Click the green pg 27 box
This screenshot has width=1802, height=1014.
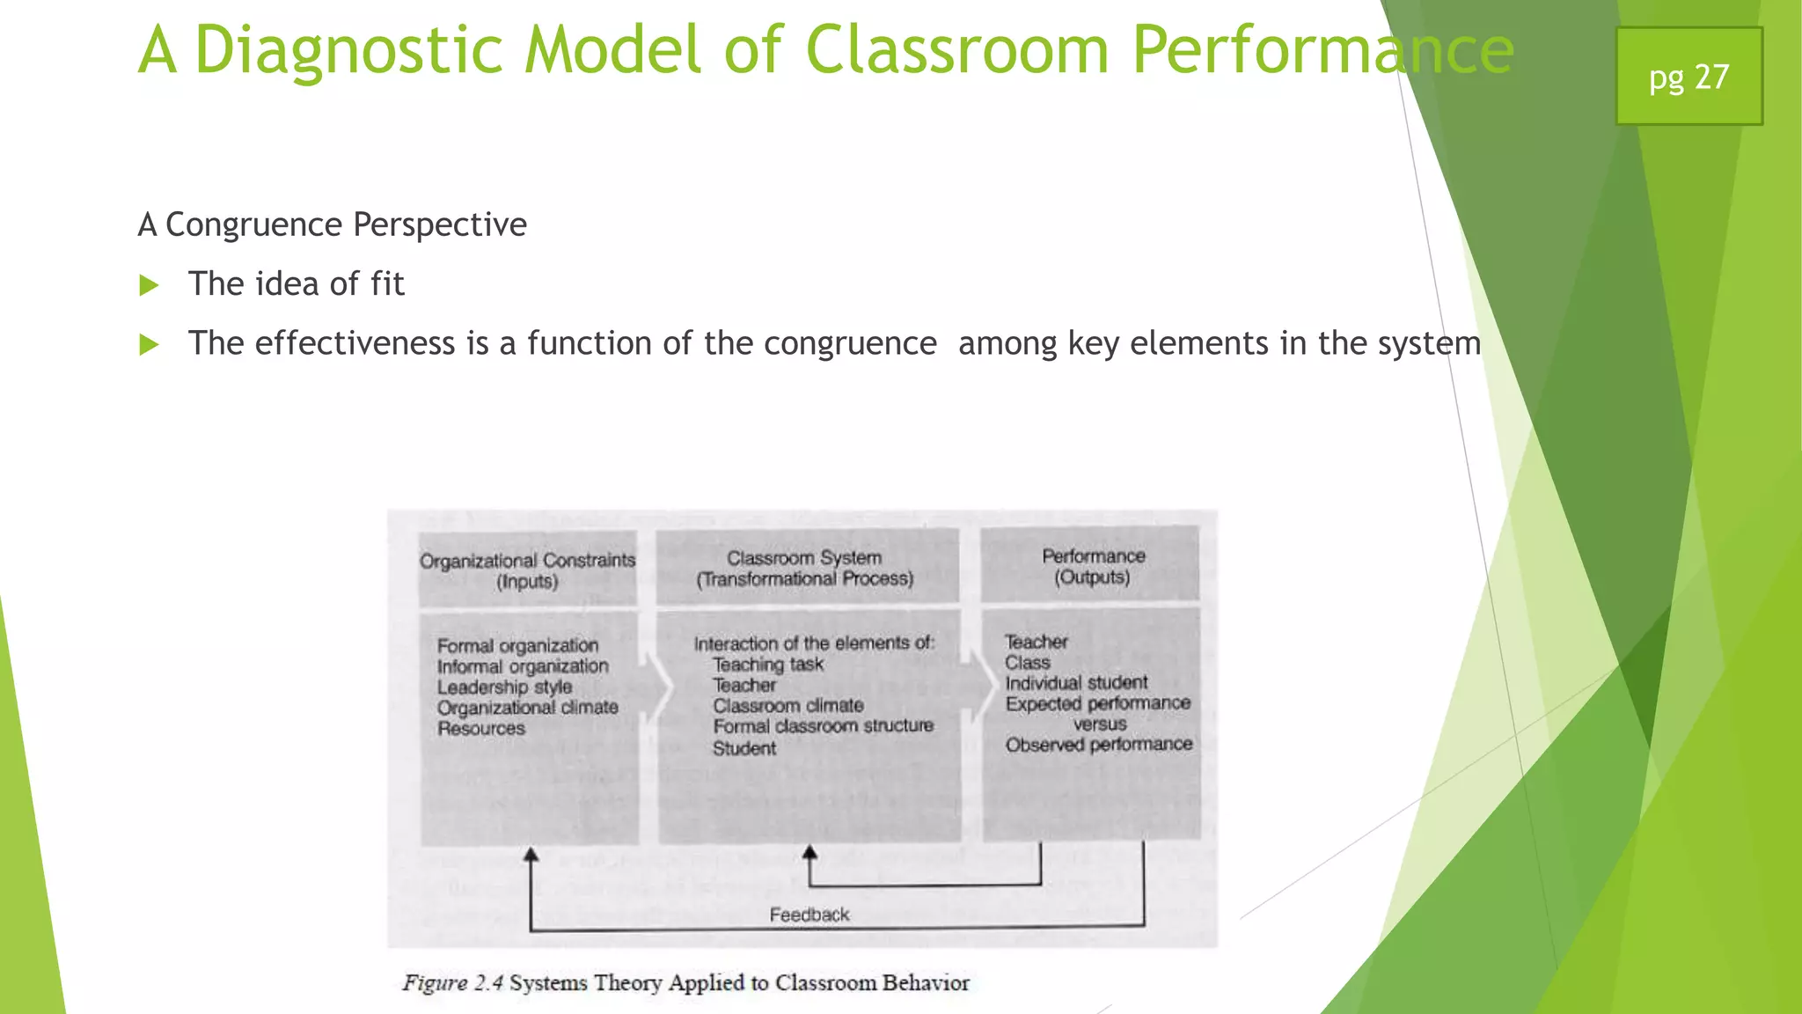click(x=1688, y=77)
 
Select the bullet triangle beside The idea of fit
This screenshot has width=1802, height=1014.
click(x=149, y=285)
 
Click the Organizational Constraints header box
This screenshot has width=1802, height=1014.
click(x=527, y=569)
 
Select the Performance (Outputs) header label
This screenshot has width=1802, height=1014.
click(x=1093, y=566)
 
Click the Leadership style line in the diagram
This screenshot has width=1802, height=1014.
click(x=504, y=687)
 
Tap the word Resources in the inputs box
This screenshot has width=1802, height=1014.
click(x=481, y=729)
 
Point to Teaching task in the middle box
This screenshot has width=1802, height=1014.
click(x=767, y=665)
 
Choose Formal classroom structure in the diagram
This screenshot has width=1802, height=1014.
click(x=823, y=726)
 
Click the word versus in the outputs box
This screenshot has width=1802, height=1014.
click(x=1099, y=724)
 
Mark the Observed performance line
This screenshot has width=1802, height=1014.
click(x=1099, y=745)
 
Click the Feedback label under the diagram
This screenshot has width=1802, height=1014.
click(x=809, y=915)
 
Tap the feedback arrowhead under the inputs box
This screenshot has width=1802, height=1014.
click(x=531, y=855)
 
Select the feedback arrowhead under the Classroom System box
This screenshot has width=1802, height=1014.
click(x=809, y=852)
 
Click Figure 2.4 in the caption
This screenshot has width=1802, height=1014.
click(x=452, y=983)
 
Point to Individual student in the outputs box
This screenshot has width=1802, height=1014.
click(x=1076, y=683)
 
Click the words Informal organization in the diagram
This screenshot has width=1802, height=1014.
click(x=523, y=666)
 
